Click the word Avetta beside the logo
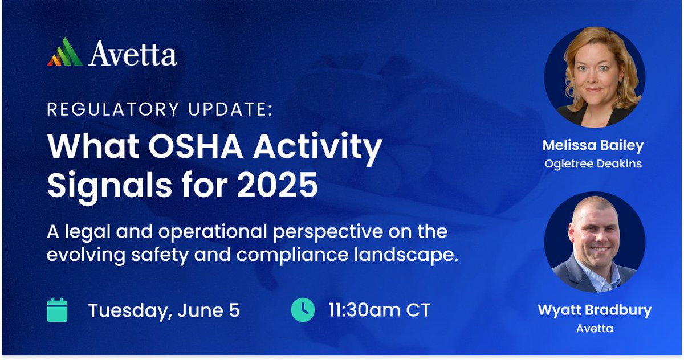click(133, 54)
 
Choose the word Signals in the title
click(102, 186)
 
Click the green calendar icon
click(57, 310)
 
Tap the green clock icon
click(303, 310)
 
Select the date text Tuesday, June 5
click(164, 311)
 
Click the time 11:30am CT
click(379, 311)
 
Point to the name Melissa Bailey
click(593, 146)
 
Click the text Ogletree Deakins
click(593, 163)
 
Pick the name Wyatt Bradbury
click(594, 310)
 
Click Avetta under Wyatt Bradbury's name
click(594, 328)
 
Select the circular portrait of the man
click(595, 242)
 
